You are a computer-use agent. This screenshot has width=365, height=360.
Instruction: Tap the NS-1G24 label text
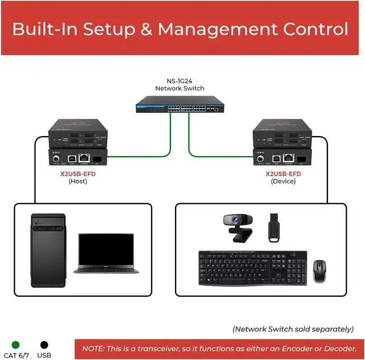[x=180, y=81]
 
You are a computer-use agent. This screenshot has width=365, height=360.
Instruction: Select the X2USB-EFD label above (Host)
[x=78, y=173]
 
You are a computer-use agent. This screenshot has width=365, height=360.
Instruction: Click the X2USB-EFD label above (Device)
[x=284, y=173]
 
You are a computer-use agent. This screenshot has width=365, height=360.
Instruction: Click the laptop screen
[x=106, y=249]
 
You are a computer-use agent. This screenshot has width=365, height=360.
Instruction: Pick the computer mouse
[x=320, y=271]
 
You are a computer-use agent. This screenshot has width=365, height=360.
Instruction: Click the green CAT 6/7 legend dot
[x=15, y=345]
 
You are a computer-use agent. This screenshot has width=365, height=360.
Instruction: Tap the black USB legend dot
[x=44, y=345]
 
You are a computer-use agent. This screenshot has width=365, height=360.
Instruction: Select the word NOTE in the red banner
[x=94, y=348]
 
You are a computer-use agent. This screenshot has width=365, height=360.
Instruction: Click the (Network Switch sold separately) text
[x=293, y=329]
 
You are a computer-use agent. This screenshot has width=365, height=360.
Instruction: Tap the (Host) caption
[x=78, y=181]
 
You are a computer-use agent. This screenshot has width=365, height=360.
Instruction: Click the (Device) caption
[x=284, y=181]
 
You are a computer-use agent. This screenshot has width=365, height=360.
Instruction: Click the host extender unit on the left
[x=79, y=142]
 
